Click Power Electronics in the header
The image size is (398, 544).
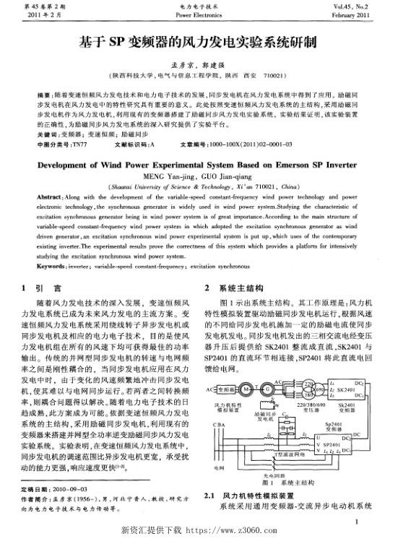pyautogui.click(x=199, y=14)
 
